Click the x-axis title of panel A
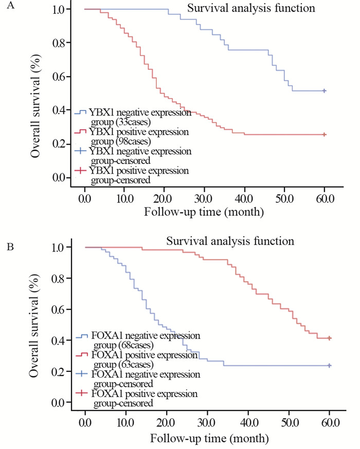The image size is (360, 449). (x=204, y=211)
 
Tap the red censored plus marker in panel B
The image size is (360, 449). (x=329, y=338)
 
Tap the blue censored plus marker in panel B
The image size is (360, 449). (x=329, y=365)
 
